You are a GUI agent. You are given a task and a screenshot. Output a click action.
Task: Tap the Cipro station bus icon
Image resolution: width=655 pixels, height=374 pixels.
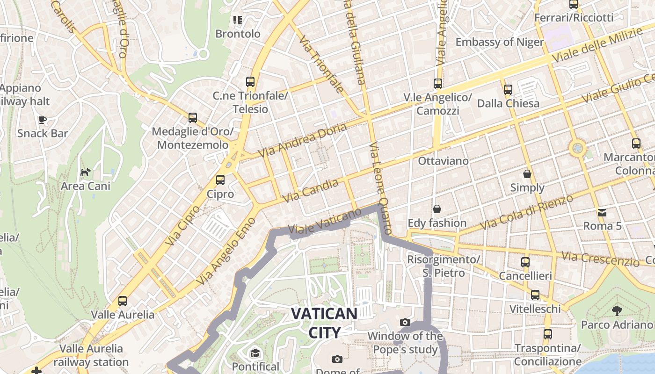tap(220, 180)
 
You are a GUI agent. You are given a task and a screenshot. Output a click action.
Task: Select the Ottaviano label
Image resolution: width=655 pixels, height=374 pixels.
tap(443, 161)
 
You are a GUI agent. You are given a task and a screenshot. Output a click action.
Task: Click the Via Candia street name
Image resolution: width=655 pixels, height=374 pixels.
tap(311, 191)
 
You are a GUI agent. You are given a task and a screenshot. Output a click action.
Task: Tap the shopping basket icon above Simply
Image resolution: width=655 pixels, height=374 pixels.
tap(527, 174)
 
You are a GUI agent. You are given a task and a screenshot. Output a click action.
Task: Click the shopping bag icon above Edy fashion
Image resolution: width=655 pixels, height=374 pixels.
tap(437, 209)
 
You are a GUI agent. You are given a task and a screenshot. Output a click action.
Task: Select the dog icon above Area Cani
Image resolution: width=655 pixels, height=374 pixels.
tap(85, 173)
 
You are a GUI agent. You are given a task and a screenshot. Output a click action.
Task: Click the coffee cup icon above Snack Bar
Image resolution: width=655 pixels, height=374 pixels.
tap(43, 120)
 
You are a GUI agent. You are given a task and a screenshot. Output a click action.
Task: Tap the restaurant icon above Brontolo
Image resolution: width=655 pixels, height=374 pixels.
tap(238, 20)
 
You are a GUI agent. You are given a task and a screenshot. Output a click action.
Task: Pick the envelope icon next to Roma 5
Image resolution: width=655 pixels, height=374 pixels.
tap(602, 213)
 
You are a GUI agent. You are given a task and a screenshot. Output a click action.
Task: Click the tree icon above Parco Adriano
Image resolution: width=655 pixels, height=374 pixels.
tap(617, 310)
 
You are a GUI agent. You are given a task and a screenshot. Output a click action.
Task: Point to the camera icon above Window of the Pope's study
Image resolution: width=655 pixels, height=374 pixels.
tap(405, 323)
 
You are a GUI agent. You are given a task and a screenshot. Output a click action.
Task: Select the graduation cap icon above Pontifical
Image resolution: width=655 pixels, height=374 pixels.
tap(255, 353)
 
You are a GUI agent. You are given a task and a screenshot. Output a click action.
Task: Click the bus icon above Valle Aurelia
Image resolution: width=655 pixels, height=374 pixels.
tap(123, 301)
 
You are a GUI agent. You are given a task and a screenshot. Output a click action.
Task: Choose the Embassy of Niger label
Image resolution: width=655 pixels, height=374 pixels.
tap(500, 42)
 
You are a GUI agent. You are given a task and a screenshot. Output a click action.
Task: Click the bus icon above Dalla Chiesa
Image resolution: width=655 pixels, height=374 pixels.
tap(508, 90)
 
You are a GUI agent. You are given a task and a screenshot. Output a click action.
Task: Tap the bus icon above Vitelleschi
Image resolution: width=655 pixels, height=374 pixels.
tap(535, 295)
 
